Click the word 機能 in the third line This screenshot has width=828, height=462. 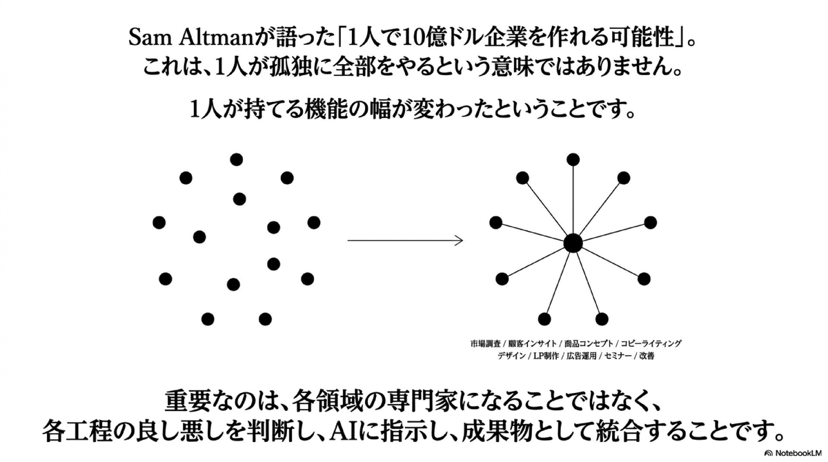(x=329, y=110)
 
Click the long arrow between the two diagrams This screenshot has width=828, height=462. (x=404, y=241)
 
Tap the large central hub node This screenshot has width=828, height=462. (x=572, y=243)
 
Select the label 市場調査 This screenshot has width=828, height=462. (x=485, y=343)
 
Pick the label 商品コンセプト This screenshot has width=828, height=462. (x=589, y=343)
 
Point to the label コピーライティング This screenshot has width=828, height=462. (x=651, y=343)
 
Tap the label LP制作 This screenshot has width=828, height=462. (x=545, y=357)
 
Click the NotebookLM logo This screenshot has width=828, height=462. (x=793, y=453)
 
